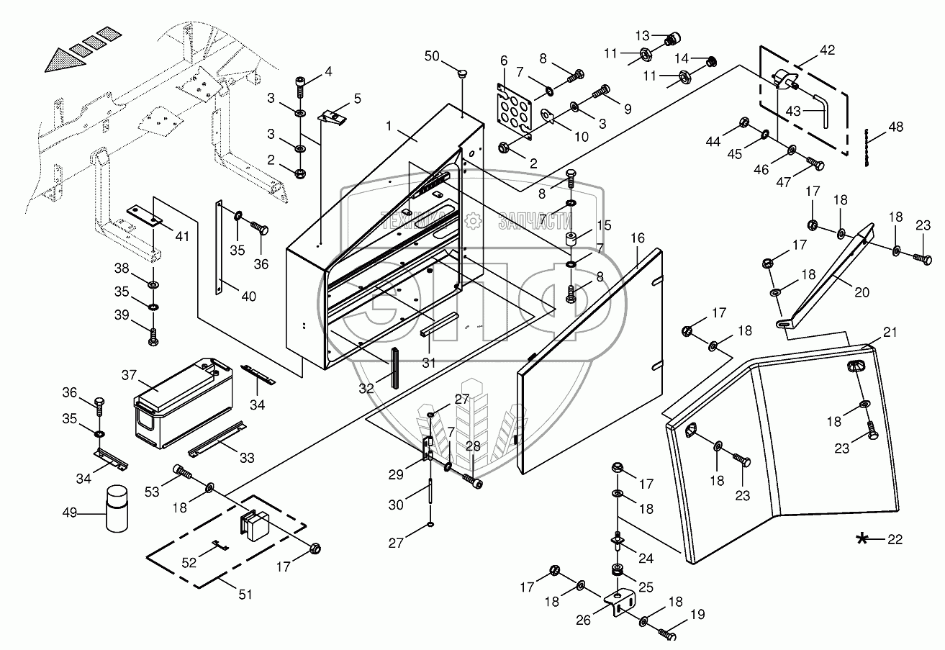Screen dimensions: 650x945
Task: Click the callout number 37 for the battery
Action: point(129,375)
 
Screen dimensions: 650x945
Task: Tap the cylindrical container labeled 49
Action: point(117,510)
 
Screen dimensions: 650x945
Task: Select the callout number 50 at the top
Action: point(431,56)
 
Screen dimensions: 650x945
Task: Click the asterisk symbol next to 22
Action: point(862,538)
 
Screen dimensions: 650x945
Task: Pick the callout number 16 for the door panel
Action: point(637,239)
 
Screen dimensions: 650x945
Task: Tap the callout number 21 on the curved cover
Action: point(890,332)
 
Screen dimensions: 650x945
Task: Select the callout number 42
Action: point(827,50)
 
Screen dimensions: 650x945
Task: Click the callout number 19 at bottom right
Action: point(697,615)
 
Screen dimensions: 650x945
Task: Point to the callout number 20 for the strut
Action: point(863,292)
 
